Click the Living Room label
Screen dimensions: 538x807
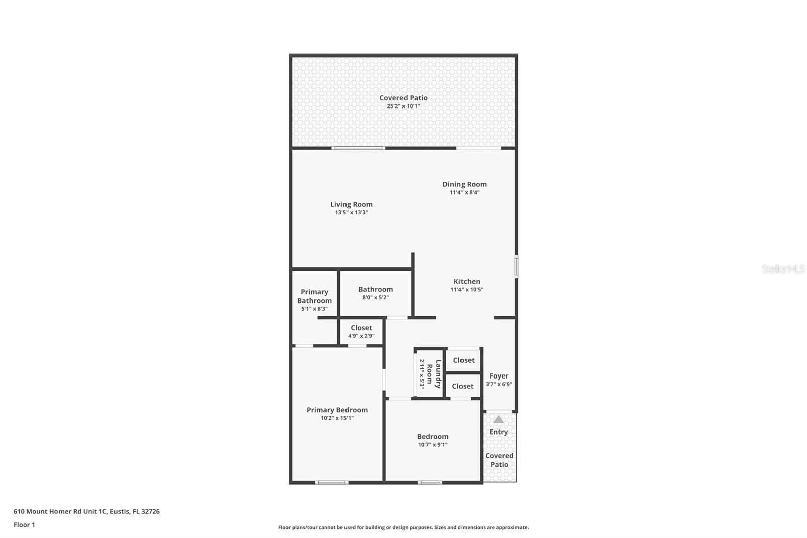tap(351, 204)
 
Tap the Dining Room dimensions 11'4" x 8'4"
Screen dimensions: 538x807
tap(464, 192)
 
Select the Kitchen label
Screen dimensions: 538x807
tap(467, 282)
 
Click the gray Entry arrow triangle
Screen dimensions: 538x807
tap(498, 419)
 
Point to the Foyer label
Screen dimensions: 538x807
tap(498, 376)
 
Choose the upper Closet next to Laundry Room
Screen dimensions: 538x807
tap(464, 360)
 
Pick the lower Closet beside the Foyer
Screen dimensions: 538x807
tap(463, 386)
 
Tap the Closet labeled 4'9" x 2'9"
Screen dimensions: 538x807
tap(361, 331)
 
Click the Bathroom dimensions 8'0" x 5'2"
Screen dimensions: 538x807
tap(375, 297)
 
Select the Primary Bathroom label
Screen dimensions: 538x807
tap(314, 296)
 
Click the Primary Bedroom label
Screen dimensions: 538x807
tap(337, 410)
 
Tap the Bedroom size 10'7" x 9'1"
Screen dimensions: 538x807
tap(432, 445)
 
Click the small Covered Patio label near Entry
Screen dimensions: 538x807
tap(499, 460)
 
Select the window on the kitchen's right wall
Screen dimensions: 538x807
tap(516, 266)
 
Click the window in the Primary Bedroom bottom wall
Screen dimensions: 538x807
tap(331, 482)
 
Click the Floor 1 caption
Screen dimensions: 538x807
tap(24, 525)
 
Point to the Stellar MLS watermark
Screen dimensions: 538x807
tap(783, 269)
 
